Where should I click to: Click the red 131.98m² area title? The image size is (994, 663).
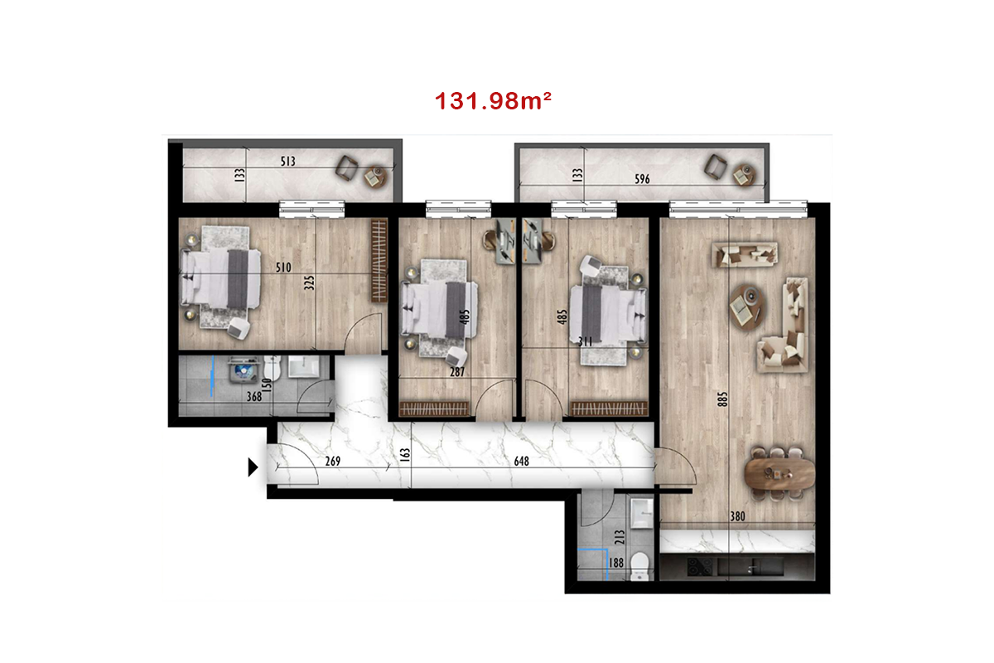click(x=493, y=101)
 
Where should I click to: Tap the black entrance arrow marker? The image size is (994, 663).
click(x=253, y=467)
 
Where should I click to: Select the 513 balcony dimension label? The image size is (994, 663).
click(x=287, y=162)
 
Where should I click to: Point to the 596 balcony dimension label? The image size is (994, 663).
click(x=642, y=179)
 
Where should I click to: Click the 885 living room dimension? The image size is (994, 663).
click(x=722, y=399)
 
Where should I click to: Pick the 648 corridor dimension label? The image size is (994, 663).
click(x=521, y=462)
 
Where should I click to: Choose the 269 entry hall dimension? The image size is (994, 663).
click(x=333, y=462)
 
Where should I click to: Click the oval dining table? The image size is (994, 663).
click(x=780, y=473)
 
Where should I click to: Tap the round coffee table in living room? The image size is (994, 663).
click(x=747, y=307)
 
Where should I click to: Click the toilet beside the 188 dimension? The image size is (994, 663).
click(x=639, y=566)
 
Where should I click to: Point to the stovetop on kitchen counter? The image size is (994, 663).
click(x=700, y=567)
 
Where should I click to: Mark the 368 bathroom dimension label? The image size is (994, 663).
click(x=254, y=396)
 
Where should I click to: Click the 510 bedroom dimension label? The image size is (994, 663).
click(x=283, y=268)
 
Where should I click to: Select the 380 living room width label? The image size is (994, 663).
click(x=737, y=516)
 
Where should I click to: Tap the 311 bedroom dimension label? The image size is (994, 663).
click(x=586, y=341)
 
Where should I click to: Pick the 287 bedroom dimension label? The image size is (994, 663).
click(x=457, y=372)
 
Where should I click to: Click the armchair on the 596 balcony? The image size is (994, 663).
click(x=716, y=167)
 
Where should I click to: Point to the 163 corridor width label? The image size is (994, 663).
click(x=405, y=455)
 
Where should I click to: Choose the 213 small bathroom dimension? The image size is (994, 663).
click(x=620, y=537)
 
